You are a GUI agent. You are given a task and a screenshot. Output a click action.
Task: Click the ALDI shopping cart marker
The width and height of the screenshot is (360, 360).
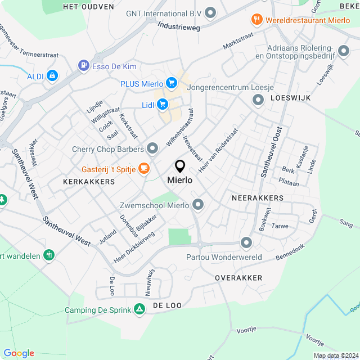[x=52, y=75]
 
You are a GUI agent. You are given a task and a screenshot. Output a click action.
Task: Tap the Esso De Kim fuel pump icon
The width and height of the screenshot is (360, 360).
[x=84, y=66]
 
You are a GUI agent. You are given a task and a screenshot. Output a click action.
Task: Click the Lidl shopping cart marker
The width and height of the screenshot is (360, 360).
[x=163, y=104]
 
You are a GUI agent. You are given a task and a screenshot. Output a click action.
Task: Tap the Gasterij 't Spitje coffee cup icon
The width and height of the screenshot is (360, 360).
[x=145, y=168]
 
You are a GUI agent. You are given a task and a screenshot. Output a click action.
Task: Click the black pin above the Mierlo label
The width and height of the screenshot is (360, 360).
[x=180, y=166]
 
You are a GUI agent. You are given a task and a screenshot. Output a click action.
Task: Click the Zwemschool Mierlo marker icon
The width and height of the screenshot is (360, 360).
[x=197, y=205]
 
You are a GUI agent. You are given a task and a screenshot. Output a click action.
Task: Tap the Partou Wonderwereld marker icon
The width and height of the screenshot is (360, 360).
[x=246, y=244]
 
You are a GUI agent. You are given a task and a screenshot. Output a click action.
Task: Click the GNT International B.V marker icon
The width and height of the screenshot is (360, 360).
[x=211, y=12]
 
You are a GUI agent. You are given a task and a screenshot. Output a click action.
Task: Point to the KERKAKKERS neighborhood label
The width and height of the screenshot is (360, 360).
[x=89, y=182]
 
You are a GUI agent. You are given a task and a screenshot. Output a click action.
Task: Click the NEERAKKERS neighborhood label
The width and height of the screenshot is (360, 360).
[x=258, y=199]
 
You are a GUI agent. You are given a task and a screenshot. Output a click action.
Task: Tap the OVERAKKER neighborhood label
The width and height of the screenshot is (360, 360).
[x=238, y=278]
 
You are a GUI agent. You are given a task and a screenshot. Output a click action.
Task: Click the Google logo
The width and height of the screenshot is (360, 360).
[x=19, y=353]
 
